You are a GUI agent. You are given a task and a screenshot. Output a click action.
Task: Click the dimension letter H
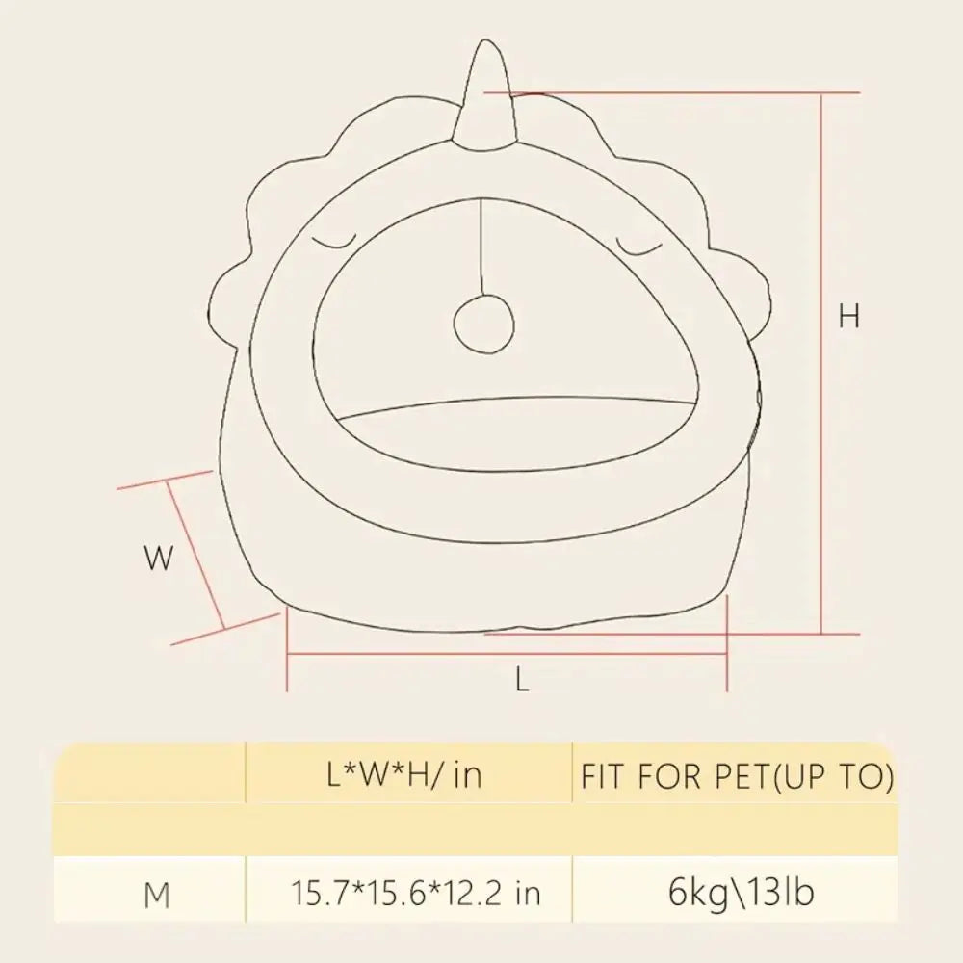coord(848,316)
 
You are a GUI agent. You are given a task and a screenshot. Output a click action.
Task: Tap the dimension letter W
coord(159,559)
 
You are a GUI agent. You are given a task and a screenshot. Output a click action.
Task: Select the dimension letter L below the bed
coord(521,680)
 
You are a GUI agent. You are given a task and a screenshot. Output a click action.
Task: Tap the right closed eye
coord(639,246)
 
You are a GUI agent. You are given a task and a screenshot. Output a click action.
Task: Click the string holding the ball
coord(481,247)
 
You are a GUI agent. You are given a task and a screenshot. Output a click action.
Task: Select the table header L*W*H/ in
coord(404,775)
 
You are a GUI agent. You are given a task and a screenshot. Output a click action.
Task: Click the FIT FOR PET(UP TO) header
coord(737,776)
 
